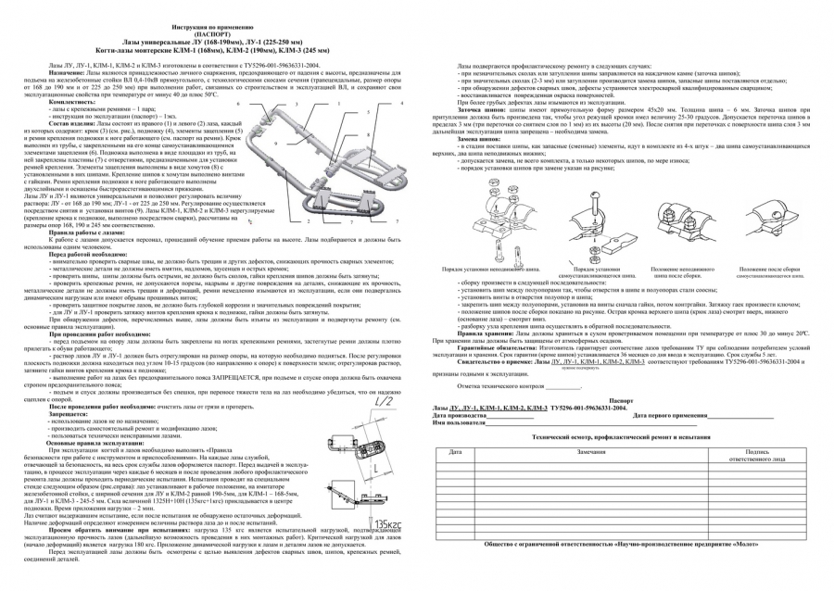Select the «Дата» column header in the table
(454, 451)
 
